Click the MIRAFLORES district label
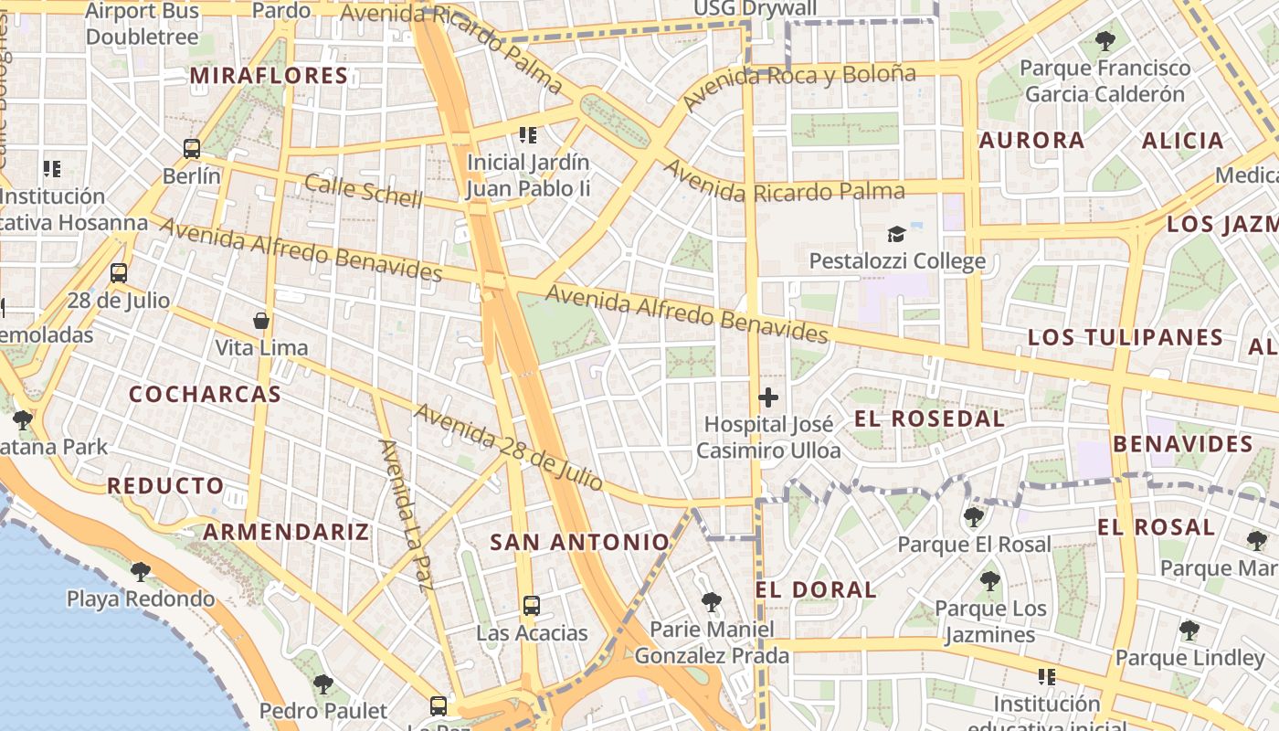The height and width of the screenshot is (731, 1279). pyautogui.click(x=269, y=76)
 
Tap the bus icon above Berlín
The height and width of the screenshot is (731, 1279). pyautogui.click(x=192, y=148)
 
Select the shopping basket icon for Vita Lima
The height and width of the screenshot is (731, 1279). pyautogui.click(x=261, y=321)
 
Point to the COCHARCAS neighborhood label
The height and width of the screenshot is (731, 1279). pyautogui.click(x=205, y=395)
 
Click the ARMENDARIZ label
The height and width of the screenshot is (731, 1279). pyautogui.click(x=286, y=532)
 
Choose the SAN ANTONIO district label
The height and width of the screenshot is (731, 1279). pyautogui.click(x=580, y=543)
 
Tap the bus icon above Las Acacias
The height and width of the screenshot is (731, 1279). pyautogui.click(x=532, y=605)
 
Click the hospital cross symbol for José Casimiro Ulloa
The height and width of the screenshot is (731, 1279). pyautogui.click(x=768, y=397)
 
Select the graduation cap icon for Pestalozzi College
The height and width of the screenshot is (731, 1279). pyautogui.click(x=896, y=235)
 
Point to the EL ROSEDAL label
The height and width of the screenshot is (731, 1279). pyautogui.click(x=929, y=419)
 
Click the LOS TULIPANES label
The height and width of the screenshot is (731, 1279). pyautogui.click(x=1126, y=337)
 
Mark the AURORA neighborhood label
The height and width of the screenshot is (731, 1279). pyautogui.click(x=1031, y=141)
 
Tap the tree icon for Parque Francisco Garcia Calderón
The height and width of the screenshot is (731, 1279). pyautogui.click(x=1105, y=41)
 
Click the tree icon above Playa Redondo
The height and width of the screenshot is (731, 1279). pyautogui.click(x=141, y=572)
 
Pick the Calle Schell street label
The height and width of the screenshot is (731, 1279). pyautogui.click(x=364, y=191)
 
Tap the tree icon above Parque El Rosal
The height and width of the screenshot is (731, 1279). pyautogui.click(x=974, y=517)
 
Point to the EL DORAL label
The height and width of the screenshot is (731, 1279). pyautogui.click(x=816, y=590)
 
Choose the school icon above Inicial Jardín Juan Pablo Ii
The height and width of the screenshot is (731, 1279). pyautogui.click(x=527, y=135)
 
